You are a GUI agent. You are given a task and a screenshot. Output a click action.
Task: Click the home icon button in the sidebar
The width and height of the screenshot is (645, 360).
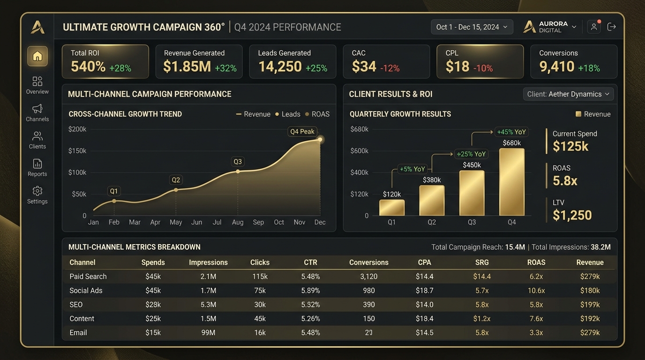[x=37, y=56]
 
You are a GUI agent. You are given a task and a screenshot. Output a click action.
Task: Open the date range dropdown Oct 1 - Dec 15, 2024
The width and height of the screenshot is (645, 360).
[x=472, y=27]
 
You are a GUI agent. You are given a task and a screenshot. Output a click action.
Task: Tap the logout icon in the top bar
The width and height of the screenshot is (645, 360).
[x=611, y=27]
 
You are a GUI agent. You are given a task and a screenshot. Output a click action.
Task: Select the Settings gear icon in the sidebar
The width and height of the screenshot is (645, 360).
[x=37, y=191]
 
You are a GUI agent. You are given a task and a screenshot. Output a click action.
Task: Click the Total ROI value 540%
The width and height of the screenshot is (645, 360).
[x=88, y=67]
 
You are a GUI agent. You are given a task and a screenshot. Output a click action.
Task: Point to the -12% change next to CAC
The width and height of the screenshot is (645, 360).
[x=390, y=68]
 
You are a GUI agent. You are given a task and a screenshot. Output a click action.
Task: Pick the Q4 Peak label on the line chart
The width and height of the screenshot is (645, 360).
[x=302, y=132]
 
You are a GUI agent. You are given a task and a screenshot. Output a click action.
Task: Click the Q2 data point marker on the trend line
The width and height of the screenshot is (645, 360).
[x=176, y=190]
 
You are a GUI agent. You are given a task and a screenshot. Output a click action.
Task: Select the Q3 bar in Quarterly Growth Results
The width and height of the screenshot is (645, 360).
[x=472, y=193]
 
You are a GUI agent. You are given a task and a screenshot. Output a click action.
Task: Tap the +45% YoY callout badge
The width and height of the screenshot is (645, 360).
[x=511, y=132]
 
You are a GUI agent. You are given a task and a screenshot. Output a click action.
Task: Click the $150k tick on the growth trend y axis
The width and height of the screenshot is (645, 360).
[x=77, y=150]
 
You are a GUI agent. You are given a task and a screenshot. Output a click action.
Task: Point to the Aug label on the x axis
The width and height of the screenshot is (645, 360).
[x=238, y=222]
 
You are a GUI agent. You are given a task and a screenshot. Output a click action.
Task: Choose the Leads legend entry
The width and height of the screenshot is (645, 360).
[x=288, y=114]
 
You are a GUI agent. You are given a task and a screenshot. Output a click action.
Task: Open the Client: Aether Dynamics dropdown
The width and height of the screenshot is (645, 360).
[x=568, y=94]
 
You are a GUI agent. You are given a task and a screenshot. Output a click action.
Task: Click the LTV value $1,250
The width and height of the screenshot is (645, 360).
[x=572, y=216]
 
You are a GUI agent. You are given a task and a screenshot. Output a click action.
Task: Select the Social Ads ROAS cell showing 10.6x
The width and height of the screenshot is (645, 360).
[x=536, y=291]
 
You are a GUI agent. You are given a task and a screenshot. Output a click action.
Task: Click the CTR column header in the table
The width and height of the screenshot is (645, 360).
[x=310, y=262]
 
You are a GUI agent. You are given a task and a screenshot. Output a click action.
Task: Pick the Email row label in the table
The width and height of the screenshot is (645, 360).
[x=78, y=333]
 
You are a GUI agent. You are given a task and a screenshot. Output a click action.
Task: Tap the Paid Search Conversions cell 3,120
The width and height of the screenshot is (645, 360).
[x=368, y=277]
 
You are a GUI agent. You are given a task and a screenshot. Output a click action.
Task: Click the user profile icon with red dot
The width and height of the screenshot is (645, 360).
[x=594, y=27]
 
